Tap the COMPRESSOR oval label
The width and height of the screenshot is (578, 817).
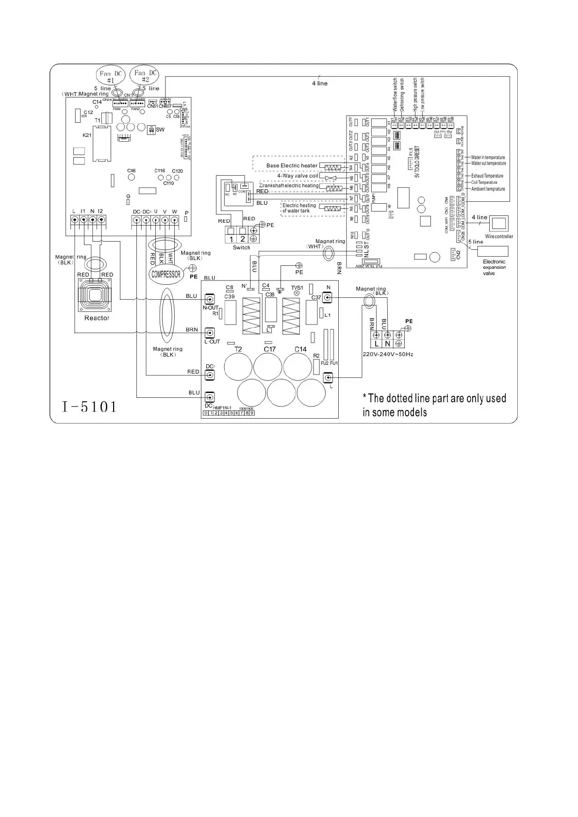pos(166,274)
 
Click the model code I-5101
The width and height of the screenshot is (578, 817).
pos(90,406)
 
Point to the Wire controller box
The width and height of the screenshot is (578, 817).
pos(499,224)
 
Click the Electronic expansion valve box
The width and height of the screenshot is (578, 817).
pos(493,251)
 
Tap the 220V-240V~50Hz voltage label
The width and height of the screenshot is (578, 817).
pos(388,354)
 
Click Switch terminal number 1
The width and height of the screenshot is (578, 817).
pos(231,239)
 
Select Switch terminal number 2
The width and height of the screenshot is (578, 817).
pos(243,239)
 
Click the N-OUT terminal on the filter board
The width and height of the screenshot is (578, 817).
pos(210,299)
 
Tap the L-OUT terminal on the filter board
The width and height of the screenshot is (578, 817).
pos(210,333)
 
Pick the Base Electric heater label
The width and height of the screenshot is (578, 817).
pos(292,166)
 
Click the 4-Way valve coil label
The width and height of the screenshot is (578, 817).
pos(297,176)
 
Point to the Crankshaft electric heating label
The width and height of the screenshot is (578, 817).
pos(290,186)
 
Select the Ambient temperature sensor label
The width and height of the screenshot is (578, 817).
pos(488,189)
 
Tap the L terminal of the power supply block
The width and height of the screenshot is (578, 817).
pos(377,343)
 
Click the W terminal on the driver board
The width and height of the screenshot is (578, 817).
pos(174,220)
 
